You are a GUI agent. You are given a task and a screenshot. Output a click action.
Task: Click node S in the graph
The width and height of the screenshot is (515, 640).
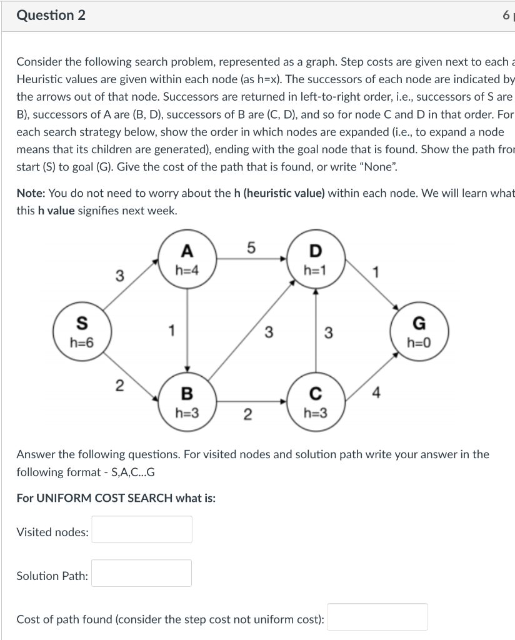pos(82,331)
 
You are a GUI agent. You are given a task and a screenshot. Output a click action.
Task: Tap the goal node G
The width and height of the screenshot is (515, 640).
pos(419,331)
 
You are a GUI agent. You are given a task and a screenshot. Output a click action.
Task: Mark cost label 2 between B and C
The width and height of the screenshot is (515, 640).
pos(248,414)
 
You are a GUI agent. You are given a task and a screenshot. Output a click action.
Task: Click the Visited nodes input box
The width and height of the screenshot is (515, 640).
pos(142,529)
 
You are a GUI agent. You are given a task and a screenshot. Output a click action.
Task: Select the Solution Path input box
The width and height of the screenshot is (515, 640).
pos(142,573)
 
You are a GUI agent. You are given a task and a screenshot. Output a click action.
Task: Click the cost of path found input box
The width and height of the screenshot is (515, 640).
pos(377,617)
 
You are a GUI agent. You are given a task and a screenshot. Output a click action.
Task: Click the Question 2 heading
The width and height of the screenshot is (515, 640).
pos(51,16)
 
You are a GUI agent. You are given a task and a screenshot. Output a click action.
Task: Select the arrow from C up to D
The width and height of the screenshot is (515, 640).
pos(315,331)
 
